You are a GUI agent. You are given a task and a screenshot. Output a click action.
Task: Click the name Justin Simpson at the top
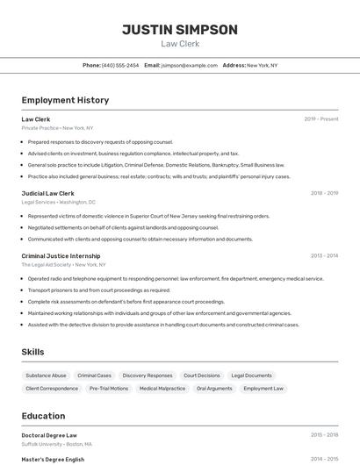tap(179, 30)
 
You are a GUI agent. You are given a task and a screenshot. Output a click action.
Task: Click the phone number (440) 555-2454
tap(119, 65)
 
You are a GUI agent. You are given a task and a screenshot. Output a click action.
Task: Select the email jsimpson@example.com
tap(189, 65)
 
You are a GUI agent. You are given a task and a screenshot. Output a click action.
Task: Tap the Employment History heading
tap(65, 100)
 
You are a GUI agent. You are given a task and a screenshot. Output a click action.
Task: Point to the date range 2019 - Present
tap(320, 118)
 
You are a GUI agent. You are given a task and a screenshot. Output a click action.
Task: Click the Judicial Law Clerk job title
tap(47, 193)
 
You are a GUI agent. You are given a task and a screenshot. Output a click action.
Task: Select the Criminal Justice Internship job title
tap(61, 256)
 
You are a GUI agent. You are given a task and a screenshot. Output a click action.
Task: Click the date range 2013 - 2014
tap(324, 256)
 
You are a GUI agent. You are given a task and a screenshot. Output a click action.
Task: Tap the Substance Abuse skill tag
tap(46, 376)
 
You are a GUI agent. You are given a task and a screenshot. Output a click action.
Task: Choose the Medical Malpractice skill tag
tap(162, 388)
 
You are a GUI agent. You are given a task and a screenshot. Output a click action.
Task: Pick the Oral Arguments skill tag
tap(214, 388)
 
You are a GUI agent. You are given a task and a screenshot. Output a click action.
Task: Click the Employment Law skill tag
tap(263, 388)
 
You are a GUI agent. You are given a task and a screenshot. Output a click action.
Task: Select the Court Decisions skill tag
tap(202, 376)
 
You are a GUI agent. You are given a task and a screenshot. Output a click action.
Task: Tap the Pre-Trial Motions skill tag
tap(109, 388)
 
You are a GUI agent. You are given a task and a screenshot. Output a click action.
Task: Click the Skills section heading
tap(32, 352)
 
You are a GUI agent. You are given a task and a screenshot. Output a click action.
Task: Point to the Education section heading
tap(43, 416)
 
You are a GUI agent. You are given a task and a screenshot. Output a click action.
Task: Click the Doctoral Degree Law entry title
tap(49, 435)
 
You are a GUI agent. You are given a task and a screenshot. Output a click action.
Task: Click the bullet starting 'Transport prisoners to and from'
tap(99, 290)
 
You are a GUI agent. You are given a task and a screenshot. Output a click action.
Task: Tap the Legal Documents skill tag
tap(251, 376)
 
